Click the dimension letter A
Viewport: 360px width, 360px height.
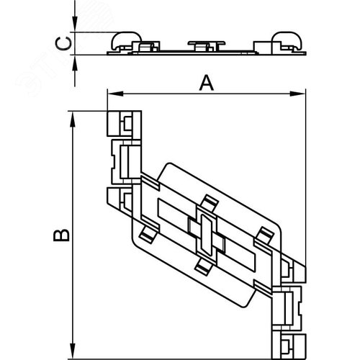[207, 83]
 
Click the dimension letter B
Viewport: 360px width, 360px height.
[61, 235]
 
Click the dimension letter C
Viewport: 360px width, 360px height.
[63, 44]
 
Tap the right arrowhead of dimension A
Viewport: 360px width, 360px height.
[298, 94]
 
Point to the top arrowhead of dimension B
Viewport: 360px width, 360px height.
[72, 119]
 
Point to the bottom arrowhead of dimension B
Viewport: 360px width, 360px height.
[72, 351]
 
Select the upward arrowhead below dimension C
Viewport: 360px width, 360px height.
[75, 63]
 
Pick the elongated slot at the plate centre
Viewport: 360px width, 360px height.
[206, 235]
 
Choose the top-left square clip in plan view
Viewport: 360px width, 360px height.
[125, 123]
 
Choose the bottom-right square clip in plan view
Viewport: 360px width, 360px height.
[289, 346]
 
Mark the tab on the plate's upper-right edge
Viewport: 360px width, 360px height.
[265, 235]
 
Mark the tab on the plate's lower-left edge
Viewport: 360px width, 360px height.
[148, 235]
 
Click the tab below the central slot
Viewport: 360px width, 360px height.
[203, 267]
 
